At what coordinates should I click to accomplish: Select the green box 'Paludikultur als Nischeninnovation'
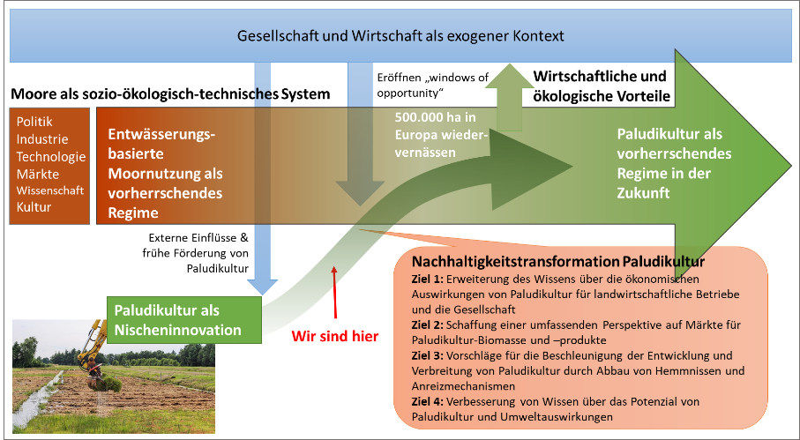point(168,320)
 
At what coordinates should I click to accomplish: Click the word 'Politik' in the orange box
point(35,122)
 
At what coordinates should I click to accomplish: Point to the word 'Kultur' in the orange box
point(34,206)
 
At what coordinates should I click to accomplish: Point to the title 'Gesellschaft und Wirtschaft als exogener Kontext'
point(400,36)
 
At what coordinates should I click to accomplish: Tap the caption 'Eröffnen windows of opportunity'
point(432,86)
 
